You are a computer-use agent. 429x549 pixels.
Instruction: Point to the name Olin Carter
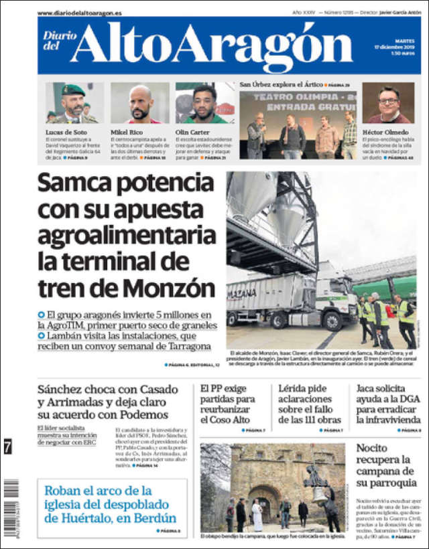pos(193,132)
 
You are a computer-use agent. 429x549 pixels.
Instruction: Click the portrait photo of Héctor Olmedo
pos(388,104)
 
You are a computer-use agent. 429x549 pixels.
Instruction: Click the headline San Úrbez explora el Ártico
pos(280,85)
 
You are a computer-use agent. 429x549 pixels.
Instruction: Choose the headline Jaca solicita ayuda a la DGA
pos(389,404)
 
